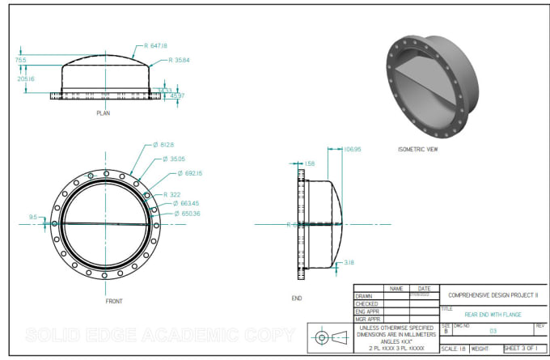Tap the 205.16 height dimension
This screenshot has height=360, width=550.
click(26, 78)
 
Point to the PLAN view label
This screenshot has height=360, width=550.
click(103, 114)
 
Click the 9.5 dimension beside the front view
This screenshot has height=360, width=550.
click(33, 217)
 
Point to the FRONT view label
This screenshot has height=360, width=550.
click(114, 300)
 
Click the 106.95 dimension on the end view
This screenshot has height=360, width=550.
click(352, 150)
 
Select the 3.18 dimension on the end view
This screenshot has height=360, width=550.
click(349, 263)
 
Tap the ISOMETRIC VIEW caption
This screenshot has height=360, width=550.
click(419, 150)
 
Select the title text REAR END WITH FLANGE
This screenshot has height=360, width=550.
click(493, 315)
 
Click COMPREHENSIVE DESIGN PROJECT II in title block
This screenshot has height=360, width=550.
click(493, 296)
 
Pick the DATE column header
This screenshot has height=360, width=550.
click(424, 288)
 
